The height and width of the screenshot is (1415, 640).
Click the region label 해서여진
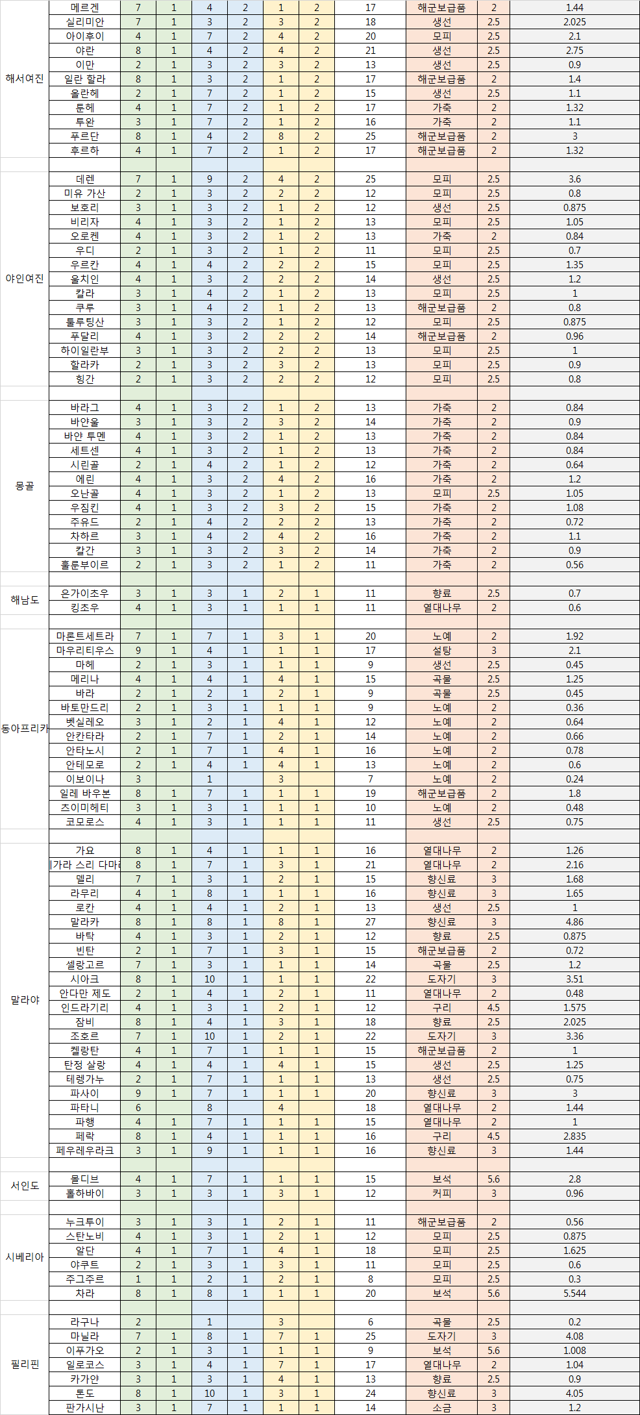coord(25,79)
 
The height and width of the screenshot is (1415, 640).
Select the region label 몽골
coord(25,486)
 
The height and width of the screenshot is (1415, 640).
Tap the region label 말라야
coord(25,1000)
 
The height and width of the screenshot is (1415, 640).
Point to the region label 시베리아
coord(25,1257)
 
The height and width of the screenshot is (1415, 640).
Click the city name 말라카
coord(85,922)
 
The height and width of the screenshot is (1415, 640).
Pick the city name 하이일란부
coord(85,351)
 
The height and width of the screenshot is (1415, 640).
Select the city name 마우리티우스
coord(85,651)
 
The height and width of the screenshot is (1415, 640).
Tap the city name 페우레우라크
coord(85,1151)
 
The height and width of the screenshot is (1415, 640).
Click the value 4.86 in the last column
coord(574,922)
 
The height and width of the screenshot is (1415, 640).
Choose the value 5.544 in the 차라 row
coord(574,1294)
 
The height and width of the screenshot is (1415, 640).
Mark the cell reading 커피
coord(442,1194)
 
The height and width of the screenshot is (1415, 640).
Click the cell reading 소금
coord(442,1408)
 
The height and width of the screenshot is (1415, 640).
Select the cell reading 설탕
coord(442,651)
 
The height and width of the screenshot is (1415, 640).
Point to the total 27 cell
coord(371,922)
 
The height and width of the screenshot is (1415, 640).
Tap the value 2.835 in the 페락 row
coord(574,1136)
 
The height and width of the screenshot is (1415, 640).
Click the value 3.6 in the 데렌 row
coord(574,179)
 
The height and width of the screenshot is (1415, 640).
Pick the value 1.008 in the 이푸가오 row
coord(574,1351)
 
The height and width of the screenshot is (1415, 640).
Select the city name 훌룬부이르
coord(85,565)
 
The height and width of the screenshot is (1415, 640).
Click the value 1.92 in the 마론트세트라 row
coord(574,636)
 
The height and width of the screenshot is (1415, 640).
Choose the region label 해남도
coord(25,601)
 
